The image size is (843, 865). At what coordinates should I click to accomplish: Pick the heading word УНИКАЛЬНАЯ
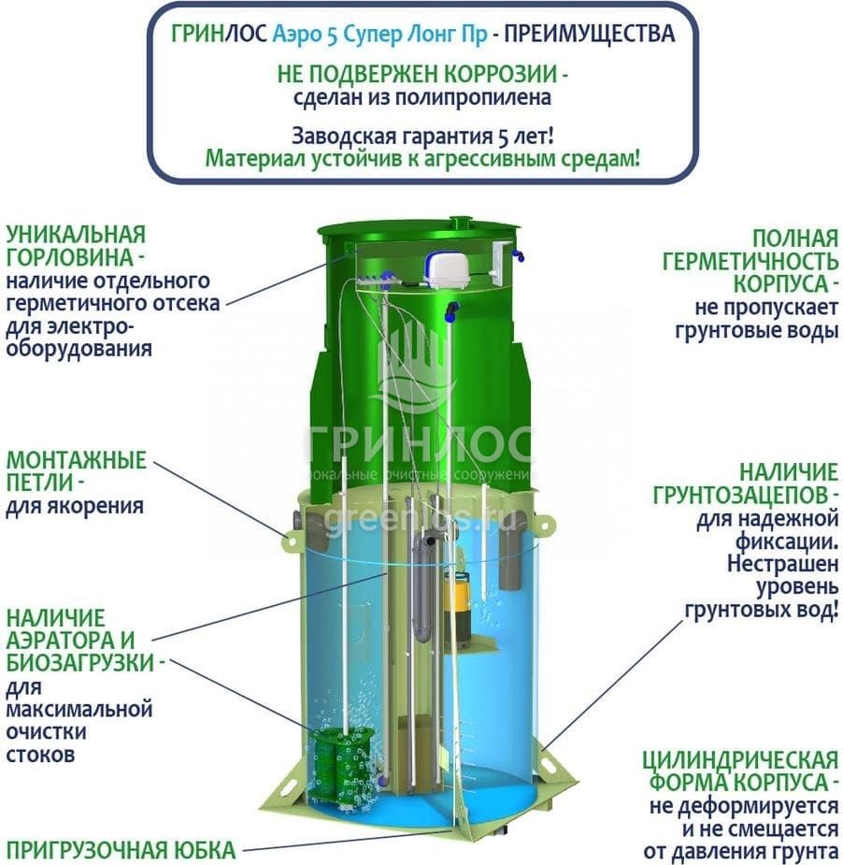click(x=76, y=234)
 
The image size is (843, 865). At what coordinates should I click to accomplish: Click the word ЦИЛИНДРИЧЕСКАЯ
click(x=739, y=758)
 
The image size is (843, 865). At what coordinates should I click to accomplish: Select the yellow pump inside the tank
click(x=460, y=598)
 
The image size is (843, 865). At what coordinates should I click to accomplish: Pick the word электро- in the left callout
click(x=70, y=326)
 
